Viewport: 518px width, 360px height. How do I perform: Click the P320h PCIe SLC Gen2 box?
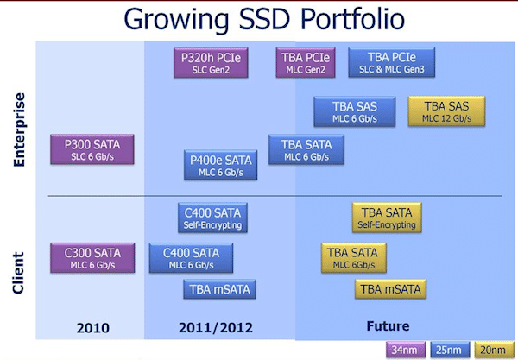[211, 63]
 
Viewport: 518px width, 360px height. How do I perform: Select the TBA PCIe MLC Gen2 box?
[306, 63]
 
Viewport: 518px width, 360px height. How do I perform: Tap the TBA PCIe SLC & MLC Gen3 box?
[391, 62]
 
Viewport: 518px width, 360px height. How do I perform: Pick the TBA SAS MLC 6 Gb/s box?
[355, 111]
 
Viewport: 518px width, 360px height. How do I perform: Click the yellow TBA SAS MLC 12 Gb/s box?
[446, 111]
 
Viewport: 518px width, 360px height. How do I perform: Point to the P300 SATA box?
[92, 149]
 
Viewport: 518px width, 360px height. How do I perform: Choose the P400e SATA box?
[221, 165]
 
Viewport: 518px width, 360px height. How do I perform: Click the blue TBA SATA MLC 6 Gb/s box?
[306, 149]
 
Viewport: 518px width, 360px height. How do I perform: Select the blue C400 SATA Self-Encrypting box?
[212, 218]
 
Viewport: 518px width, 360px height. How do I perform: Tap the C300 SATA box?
[92, 258]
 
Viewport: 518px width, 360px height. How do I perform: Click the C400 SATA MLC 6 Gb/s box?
[191, 258]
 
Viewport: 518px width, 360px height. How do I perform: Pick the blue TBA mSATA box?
[219, 289]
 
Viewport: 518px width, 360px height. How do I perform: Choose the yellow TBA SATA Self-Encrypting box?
[387, 218]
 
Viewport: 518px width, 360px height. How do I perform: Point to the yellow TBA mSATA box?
[390, 289]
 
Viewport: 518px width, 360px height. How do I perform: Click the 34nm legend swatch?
[406, 350]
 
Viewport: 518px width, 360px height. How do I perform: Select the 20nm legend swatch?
[494, 350]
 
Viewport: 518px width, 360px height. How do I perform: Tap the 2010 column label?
[93, 328]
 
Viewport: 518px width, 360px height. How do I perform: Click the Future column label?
[388, 326]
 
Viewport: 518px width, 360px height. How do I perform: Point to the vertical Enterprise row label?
[19, 129]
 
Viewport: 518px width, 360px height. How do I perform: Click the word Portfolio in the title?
[352, 19]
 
